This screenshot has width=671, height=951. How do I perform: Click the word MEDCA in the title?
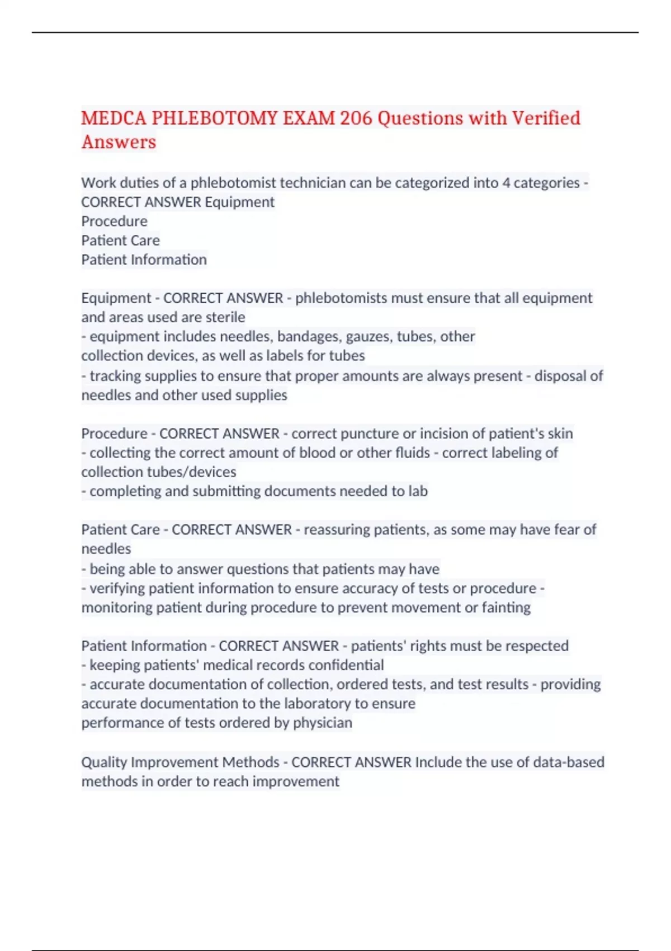click(x=114, y=118)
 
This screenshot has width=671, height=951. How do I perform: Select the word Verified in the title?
click(x=546, y=118)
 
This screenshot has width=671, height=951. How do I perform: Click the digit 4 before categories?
click(x=505, y=183)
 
